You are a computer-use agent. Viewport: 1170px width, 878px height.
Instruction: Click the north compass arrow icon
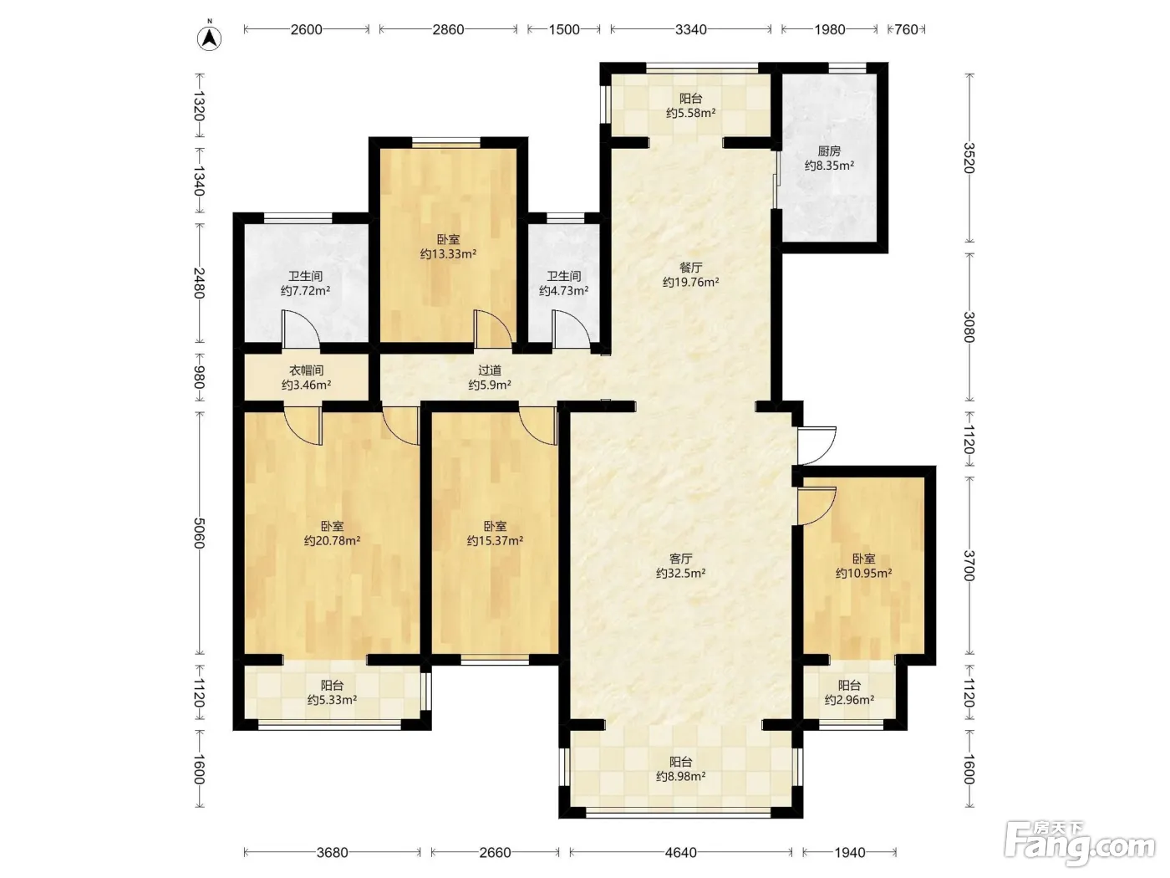(210, 38)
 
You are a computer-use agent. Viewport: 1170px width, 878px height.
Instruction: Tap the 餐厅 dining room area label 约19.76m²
(690, 282)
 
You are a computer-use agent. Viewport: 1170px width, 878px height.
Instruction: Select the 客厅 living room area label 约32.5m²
(680, 573)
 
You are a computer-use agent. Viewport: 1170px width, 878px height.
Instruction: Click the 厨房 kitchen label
(829, 151)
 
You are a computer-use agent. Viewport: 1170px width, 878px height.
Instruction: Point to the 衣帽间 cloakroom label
(306, 370)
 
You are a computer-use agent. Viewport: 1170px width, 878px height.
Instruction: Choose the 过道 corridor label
(490, 370)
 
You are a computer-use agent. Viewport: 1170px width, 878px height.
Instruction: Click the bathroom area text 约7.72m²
(305, 290)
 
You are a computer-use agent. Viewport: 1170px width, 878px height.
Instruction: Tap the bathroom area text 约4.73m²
(563, 290)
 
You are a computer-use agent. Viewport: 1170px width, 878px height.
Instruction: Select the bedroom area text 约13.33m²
(448, 253)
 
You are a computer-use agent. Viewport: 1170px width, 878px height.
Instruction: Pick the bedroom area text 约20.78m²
(332, 540)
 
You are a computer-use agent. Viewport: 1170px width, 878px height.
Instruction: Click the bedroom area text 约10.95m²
(863, 573)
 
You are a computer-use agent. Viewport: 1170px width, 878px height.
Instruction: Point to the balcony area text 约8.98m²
(680, 776)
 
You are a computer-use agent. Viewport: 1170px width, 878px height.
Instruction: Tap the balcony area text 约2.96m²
(849, 699)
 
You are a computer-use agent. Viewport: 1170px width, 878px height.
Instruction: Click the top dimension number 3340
(691, 29)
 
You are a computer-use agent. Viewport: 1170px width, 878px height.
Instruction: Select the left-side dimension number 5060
(199, 533)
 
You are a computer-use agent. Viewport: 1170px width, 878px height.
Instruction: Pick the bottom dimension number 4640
(680, 852)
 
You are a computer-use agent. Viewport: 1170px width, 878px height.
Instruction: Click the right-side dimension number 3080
(969, 327)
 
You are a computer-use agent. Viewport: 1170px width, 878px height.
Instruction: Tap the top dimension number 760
(906, 29)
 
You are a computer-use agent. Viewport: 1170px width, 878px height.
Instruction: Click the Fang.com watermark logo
(1080, 846)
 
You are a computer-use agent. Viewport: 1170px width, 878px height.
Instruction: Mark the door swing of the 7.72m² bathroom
(301, 329)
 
